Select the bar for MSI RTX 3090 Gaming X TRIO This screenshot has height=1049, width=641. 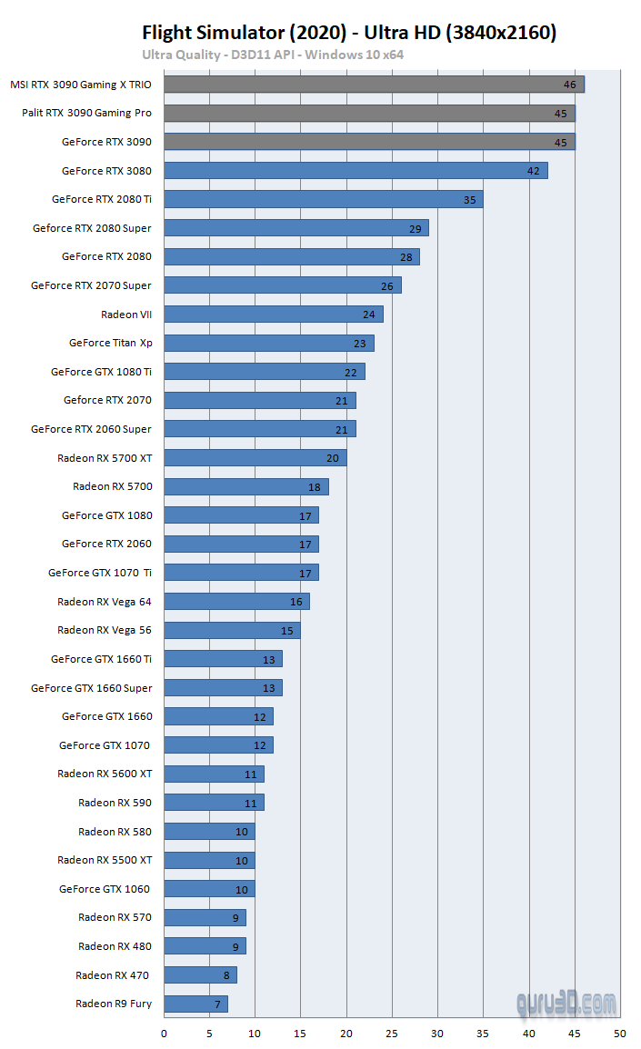(374, 85)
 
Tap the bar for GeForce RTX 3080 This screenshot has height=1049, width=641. (356, 171)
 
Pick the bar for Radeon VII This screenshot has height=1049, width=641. (274, 315)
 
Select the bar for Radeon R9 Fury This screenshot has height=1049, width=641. (195, 1004)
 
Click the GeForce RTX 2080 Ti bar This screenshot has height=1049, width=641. (324, 199)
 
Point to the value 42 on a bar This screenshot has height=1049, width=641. (534, 171)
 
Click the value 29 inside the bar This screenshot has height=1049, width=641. (415, 228)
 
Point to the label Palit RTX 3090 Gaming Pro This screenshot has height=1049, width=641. (87, 114)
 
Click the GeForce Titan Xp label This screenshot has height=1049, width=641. (110, 343)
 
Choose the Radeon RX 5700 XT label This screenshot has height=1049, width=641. (105, 458)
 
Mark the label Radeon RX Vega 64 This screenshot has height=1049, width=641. (105, 602)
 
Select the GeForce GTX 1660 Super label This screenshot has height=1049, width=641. (92, 688)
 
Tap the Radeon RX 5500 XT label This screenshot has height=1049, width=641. (105, 860)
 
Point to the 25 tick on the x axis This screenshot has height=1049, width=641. (392, 1033)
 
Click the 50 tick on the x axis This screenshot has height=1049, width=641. (620, 1033)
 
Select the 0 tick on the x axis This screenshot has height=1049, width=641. (164, 1033)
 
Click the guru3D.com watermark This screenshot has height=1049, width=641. (566, 1004)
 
